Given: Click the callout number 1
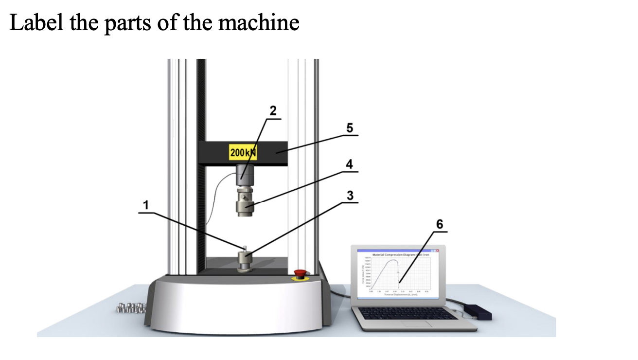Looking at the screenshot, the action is [x=144, y=206].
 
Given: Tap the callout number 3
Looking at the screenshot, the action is [x=350, y=195].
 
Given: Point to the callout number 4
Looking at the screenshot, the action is [x=349, y=164].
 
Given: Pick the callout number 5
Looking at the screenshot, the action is [x=349, y=128].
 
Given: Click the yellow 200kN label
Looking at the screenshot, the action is [x=243, y=153].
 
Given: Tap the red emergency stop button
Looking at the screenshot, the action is [x=300, y=273].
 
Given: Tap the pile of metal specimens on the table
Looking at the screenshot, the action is [x=131, y=307].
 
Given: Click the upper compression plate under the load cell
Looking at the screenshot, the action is [x=246, y=203].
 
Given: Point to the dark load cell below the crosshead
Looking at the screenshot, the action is [x=246, y=175].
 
